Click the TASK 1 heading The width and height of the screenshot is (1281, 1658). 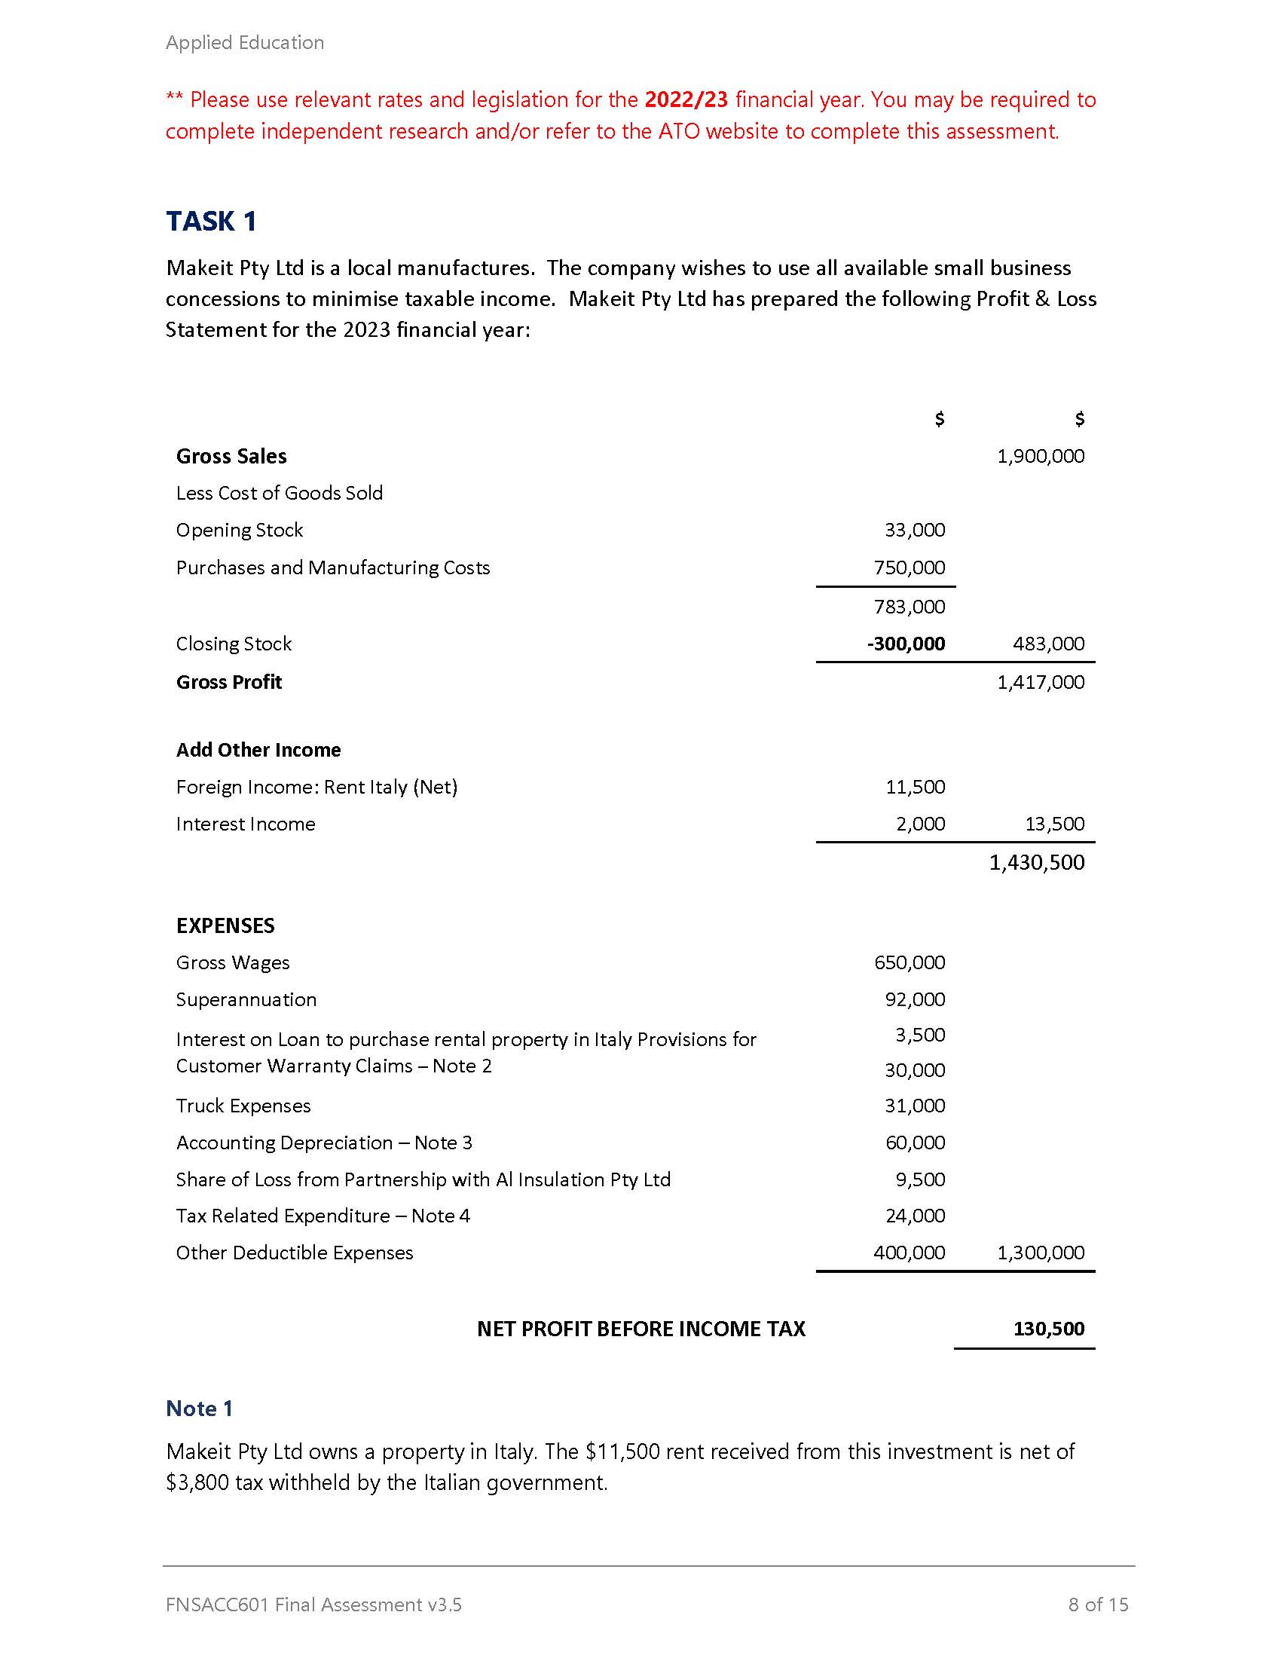(211, 221)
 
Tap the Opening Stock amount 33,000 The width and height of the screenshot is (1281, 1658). (915, 530)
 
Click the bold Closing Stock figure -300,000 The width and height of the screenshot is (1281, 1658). (906, 644)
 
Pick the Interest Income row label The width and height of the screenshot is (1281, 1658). (245, 824)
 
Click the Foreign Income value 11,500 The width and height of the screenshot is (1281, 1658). (915, 788)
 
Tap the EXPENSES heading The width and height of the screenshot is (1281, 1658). (225, 925)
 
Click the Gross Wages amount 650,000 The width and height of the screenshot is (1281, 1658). (910, 962)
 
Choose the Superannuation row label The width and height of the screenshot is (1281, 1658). (246, 1000)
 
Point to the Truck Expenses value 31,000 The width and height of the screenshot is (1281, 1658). (915, 1106)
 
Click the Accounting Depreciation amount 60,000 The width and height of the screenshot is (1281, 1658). (915, 1143)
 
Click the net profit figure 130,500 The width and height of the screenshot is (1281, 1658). (1048, 1329)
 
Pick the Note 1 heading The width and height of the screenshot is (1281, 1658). (199, 1409)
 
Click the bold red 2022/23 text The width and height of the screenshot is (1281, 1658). (686, 99)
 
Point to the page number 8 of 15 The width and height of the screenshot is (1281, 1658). (1097, 1604)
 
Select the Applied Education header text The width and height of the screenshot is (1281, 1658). (244, 42)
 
